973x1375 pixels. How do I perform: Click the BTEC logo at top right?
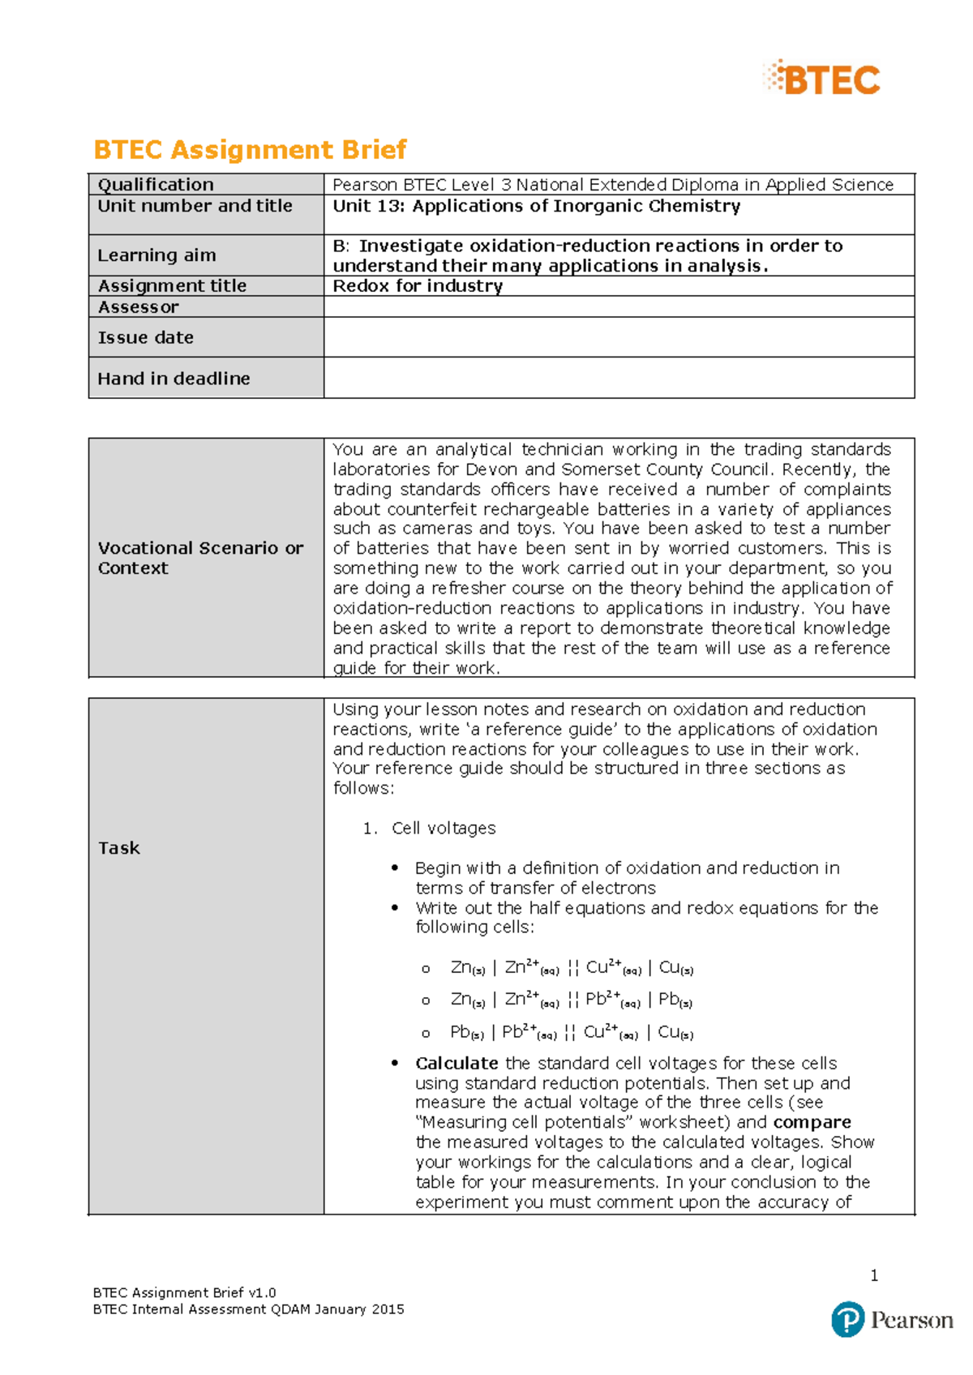[x=822, y=79]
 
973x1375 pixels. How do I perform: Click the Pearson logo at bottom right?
[x=892, y=1320]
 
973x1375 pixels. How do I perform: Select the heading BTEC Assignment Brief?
[x=250, y=150]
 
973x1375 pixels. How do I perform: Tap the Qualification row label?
[x=156, y=185]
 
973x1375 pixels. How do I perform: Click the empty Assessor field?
[x=619, y=306]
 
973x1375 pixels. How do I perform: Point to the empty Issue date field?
[x=619, y=337]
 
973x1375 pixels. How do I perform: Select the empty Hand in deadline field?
[x=619, y=378]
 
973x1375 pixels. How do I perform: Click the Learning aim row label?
[x=156, y=255]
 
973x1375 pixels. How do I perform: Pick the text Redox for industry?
[x=418, y=286]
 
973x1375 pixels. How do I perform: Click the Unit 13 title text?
[x=536, y=206]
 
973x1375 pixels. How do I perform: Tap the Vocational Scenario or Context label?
[x=200, y=558]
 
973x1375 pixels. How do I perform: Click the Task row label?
[x=119, y=848]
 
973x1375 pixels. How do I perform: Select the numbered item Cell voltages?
[x=443, y=829]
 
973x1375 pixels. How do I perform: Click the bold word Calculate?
[x=456, y=1063]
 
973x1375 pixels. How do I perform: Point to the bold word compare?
[x=812, y=1123]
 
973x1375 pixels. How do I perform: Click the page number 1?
[x=874, y=1275]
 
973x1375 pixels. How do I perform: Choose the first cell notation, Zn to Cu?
[x=572, y=968]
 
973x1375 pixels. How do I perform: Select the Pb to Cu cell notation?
[x=571, y=1033]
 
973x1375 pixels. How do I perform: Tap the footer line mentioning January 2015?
[x=248, y=1309]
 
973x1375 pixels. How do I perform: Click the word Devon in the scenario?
[x=491, y=470]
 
